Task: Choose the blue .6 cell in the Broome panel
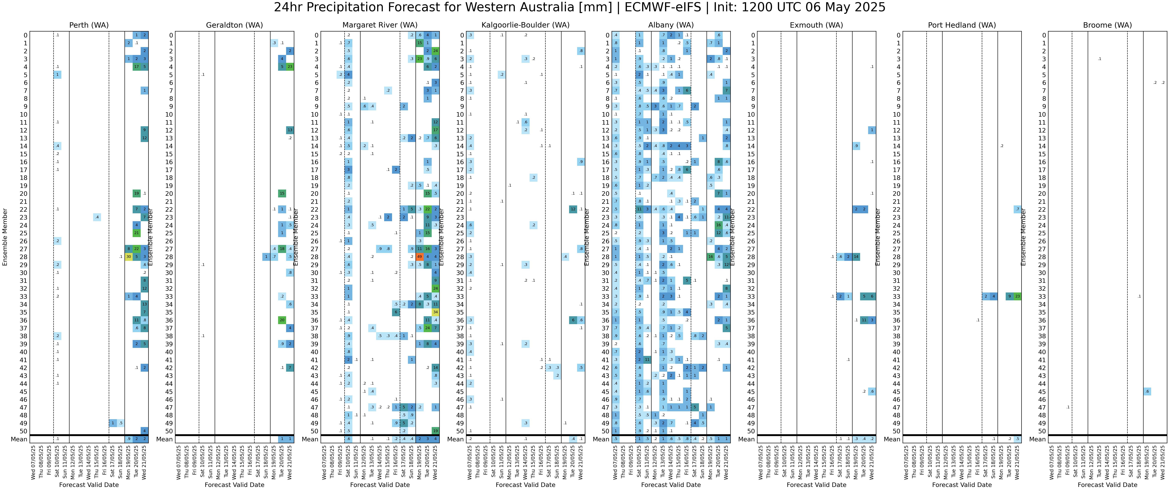click(1147, 391)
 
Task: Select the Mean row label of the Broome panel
click(1037, 439)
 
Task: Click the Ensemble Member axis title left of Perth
click(5, 237)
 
